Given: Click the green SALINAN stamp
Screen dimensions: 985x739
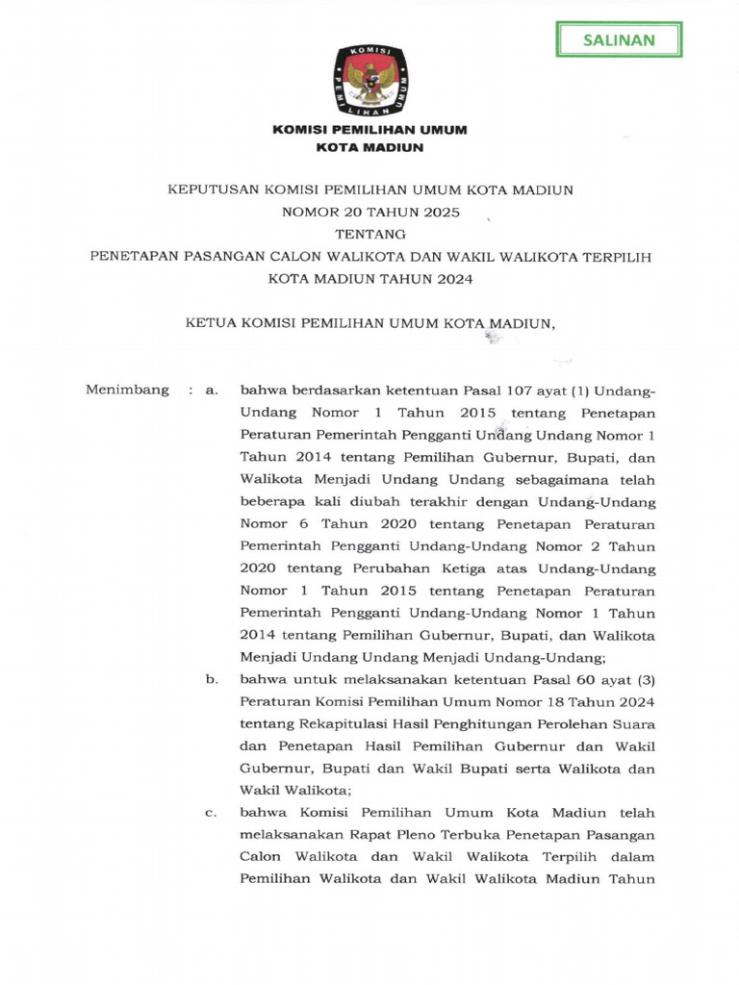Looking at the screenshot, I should point(619,39).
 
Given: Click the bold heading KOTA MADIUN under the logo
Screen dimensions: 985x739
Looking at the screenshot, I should point(370,147).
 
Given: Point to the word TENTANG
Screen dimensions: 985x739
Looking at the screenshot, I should point(370,234).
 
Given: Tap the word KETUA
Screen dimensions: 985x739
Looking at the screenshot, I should point(207,323).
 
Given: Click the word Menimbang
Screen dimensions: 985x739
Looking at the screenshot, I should point(127,390).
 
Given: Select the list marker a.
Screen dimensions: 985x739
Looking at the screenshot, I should point(213,391).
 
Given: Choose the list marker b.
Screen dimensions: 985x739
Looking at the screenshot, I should point(213,679).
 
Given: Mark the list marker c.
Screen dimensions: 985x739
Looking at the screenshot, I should point(212,813).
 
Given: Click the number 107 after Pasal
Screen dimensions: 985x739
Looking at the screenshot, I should point(496,391).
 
